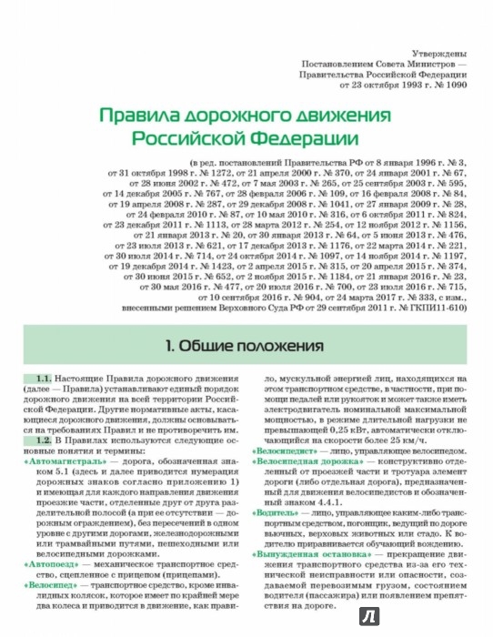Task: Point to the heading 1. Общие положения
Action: [246, 347]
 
